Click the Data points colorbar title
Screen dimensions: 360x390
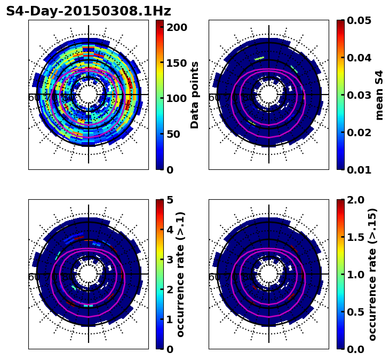point(195,95)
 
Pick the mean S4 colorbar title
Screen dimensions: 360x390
point(379,95)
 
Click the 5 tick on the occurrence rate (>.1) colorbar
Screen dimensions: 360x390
point(170,200)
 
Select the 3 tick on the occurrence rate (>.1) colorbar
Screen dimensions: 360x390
point(170,260)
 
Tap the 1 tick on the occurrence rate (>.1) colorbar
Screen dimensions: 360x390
point(170,319)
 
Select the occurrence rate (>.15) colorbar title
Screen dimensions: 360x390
point(373,275)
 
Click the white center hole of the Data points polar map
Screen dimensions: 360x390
point(89,95)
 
